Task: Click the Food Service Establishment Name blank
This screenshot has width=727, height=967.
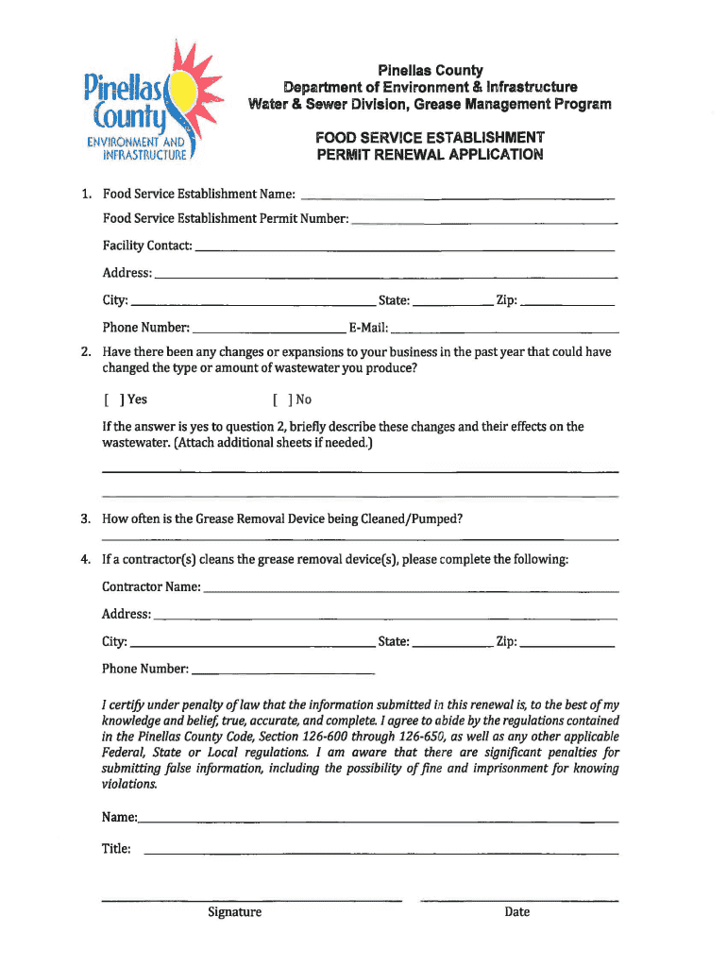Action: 457,196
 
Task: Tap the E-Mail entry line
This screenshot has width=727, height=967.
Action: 505,331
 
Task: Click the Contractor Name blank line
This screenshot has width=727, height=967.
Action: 412,589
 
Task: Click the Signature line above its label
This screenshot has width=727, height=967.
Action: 251,900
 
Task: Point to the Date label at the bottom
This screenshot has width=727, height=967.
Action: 517,912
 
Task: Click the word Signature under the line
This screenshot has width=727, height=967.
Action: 235,912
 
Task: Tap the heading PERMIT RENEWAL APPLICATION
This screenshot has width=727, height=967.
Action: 430,155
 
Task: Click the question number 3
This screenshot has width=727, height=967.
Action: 85,519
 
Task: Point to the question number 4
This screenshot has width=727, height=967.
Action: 85,560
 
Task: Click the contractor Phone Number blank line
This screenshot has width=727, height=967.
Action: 282,671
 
